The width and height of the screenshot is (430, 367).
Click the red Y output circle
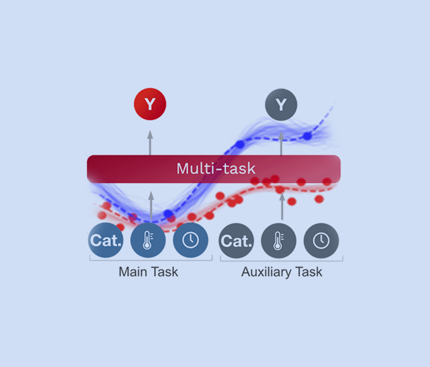point(150,104)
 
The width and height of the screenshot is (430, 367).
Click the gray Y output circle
point(281,105)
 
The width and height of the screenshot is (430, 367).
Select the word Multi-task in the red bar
point(216,168)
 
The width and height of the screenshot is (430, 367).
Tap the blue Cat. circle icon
point(105,240)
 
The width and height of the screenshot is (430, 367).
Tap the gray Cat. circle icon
point(236,240)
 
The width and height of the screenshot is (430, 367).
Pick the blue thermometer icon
point(148,240)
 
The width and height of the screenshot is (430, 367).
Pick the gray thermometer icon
point(279,240)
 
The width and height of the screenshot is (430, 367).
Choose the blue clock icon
point(190,240)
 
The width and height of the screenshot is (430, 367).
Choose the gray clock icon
point(321,240)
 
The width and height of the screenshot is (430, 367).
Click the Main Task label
point(148,272)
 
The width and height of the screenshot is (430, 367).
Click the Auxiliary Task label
point(281,272)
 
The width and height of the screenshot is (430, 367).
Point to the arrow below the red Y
point(150,142)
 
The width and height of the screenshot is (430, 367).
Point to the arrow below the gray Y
point(281,142)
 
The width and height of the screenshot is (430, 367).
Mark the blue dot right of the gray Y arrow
point(307,136)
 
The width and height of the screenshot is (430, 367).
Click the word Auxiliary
point(263,272)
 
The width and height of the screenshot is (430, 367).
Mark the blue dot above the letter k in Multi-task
point(240,145)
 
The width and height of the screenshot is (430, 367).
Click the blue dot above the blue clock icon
point(168,214)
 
